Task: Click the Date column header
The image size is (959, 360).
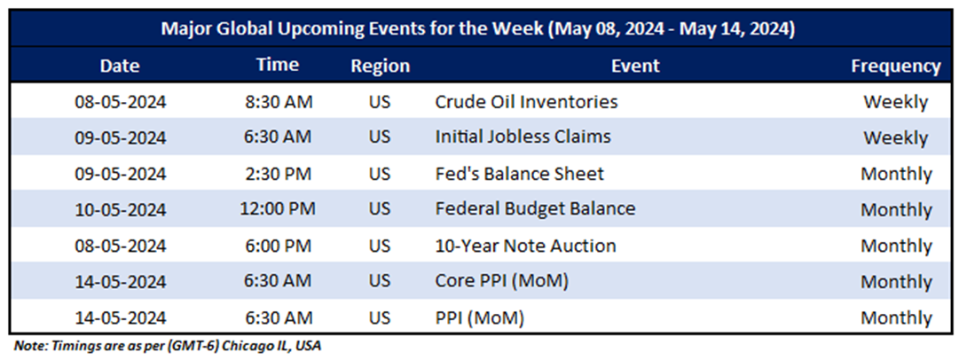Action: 121,66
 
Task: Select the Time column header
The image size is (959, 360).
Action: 279,65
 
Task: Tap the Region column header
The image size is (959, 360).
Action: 380,66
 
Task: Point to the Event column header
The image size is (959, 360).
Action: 635,66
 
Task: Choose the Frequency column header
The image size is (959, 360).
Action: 896,67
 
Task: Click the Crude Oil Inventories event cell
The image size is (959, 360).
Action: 526,101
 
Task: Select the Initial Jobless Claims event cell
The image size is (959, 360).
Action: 523,137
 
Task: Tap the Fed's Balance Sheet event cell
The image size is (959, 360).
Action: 519,174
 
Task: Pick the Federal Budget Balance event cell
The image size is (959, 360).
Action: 535,209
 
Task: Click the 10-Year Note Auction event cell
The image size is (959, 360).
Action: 525,246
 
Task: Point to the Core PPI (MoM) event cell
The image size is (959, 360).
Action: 501,282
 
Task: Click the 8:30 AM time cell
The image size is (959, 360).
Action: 279,102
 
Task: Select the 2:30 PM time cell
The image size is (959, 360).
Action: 279,174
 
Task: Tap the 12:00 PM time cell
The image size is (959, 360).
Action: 279,209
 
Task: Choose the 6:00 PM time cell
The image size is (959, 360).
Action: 279,247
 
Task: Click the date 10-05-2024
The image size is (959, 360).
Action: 121,210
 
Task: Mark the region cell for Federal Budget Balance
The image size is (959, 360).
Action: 380,209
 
